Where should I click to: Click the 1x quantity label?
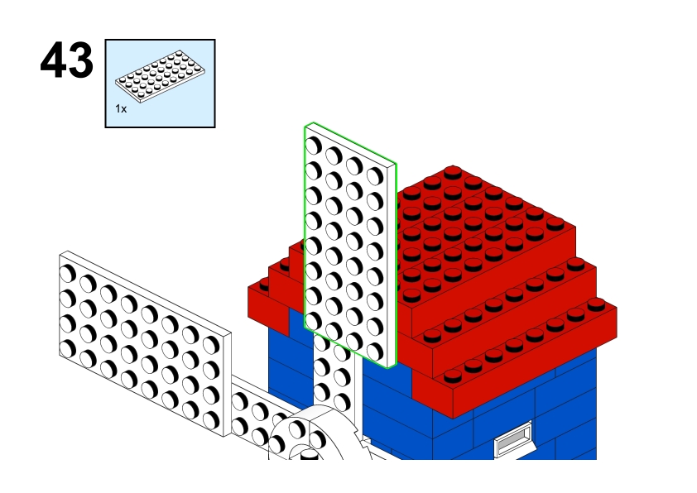point(121,109)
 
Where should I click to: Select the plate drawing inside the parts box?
point(160,76)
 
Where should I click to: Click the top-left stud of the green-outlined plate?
point(314,146)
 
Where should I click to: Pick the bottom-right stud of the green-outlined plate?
point(375,352)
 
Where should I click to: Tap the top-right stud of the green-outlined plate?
point(375,176)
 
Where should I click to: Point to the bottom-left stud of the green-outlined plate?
point(314,321)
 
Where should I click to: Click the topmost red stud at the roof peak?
point(453,171)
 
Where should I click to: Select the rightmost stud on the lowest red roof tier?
point(596,304)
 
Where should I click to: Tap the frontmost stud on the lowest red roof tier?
point(453,376)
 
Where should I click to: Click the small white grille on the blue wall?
point(514,438)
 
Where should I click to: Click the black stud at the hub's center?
point(310,455)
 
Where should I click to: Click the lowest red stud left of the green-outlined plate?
point(265,285)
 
